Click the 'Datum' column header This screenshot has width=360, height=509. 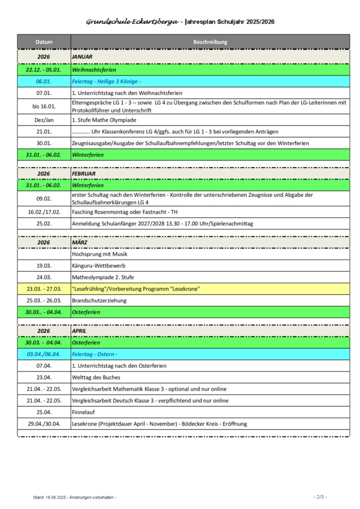click(x=44, y=42)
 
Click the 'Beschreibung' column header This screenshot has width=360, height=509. click(x=210, y=42)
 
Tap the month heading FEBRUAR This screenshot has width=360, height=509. click(x=84, y=174)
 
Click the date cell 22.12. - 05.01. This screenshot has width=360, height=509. click(x=44, y=69)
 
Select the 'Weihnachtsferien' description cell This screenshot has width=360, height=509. click(x=94, y=69)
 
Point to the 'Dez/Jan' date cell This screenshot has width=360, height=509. click(x=44, y=120)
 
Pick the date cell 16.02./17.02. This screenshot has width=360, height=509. click(x=44, y=212)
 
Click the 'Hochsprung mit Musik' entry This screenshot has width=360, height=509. click(x=100, y=254)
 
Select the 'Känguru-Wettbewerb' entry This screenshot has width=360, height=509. click(x=99, y=266)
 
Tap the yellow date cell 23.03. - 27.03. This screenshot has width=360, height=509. click(x=44, y=289)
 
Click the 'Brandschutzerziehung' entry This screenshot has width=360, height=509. click(x=99, y=300)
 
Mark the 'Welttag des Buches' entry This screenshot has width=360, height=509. click(x=96, y=377)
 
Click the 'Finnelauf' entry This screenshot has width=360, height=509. click(x=84, y=412)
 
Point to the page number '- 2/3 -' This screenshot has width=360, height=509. click(x=320, y=497)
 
